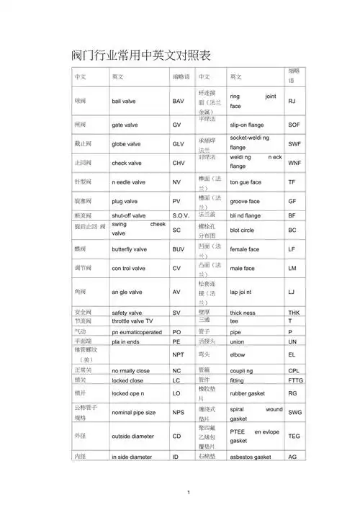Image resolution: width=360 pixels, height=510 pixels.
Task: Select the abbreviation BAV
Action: coord(179,102)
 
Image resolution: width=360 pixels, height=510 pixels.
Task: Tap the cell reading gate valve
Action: coord(126,125)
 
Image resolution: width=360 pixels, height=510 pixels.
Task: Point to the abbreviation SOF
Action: coord(294,125)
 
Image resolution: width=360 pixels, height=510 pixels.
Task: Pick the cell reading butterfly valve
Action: coord(130,249)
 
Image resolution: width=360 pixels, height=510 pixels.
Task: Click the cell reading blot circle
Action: coord(245,230)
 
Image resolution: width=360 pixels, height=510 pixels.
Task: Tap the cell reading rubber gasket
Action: coord(249,394)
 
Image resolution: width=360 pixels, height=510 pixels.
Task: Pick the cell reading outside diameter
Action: coord(132,436)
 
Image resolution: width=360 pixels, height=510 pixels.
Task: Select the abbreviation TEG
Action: coord(294,436)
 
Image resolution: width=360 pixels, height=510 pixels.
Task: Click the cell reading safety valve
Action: coord(127,313)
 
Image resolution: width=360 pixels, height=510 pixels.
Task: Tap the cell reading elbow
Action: coord(238,355)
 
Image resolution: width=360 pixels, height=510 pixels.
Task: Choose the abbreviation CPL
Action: coord(294,370)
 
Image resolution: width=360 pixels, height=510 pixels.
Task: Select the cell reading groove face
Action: coord(245,202)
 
